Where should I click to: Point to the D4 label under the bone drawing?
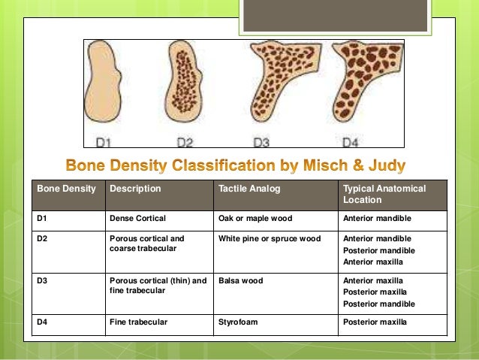click(351, 141)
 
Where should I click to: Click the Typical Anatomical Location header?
click(383, 194)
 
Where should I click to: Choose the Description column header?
click(135, 189)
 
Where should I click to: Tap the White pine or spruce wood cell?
click(269, 239)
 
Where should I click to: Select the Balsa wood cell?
click(239, 280)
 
